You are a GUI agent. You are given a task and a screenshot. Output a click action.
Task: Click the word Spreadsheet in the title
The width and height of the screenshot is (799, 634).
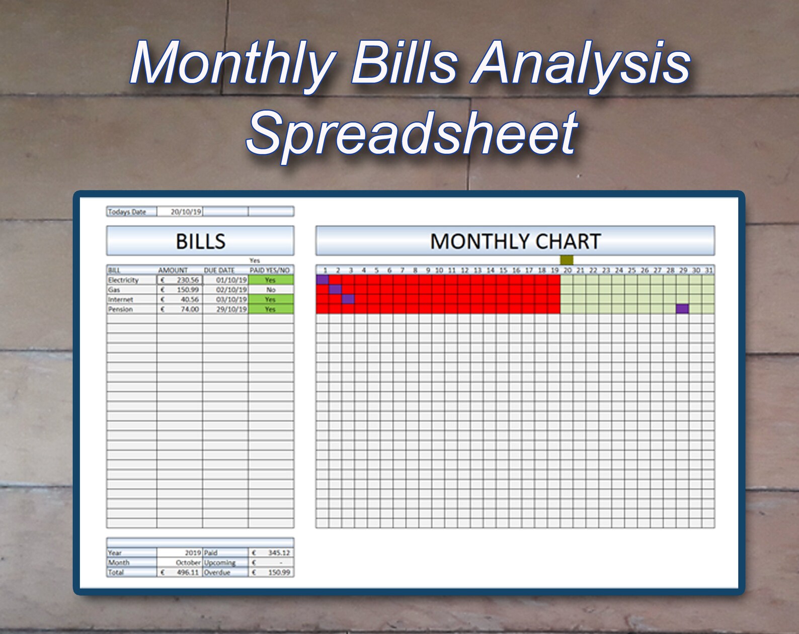[x=412, y=134]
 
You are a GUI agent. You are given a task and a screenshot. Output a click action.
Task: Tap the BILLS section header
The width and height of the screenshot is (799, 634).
[x=200, y=241]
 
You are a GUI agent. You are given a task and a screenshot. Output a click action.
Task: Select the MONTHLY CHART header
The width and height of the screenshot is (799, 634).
[x=515, y=241]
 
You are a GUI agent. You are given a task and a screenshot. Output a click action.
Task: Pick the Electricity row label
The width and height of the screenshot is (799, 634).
[x=123, y=280]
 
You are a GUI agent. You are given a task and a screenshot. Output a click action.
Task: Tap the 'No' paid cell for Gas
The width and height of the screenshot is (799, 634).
[x=271, y=290]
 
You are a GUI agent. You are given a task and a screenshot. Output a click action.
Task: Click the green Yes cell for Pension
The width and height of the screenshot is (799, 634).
[x=271, y=309]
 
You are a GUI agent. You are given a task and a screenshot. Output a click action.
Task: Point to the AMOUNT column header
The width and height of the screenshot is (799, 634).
[x=173, y=270]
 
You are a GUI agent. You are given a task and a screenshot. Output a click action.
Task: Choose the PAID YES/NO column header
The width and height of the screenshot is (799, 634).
[x=270, y=270]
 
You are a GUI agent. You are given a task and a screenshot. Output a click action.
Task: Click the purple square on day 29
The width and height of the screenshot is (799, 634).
[x=682, y=309]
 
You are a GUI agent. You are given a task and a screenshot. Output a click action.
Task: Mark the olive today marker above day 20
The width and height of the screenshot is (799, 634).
[x=567, y=260]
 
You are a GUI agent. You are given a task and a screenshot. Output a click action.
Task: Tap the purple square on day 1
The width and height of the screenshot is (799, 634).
[x=323, y=280]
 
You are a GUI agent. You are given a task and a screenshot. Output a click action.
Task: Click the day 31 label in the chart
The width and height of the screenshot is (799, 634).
[x=708, y=270]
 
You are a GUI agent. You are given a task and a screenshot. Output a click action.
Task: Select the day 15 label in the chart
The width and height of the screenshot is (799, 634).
[x=503, y=270]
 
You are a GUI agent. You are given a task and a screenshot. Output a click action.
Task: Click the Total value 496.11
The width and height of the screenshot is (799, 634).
[x=187, y=572]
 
